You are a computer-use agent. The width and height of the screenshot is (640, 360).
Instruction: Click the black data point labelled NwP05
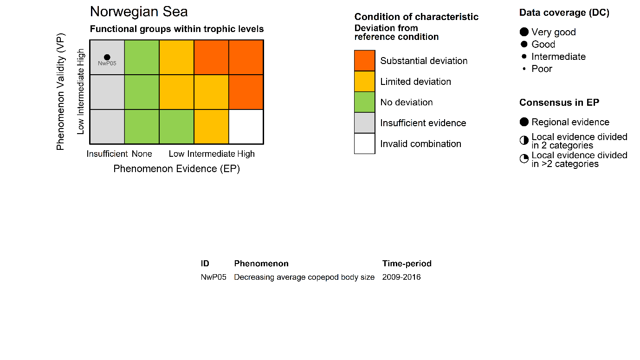coord(107,57)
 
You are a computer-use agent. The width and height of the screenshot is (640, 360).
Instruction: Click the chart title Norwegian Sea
coord(139,12)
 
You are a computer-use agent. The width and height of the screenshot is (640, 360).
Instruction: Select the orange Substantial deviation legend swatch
coord(364,61)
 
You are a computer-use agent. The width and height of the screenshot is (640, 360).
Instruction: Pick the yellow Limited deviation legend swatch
coord(364,82)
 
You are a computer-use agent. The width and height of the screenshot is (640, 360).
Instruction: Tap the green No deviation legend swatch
coord(364,102)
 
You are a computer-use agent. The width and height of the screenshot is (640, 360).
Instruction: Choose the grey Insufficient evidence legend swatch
coord(364,123)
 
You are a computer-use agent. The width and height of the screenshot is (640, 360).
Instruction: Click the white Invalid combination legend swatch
coord(364,143)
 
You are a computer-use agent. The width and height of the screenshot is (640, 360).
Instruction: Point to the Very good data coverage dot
coord(524,32)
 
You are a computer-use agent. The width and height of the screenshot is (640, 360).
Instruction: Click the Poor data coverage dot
coord(524,69)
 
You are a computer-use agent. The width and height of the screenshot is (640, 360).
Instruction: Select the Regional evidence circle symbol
coord(524,122)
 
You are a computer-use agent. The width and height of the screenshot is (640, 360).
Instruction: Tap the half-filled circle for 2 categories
coord(524,141)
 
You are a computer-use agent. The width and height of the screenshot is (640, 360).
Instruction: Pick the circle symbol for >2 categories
coord(524,159)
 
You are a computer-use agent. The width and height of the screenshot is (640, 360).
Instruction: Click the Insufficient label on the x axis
coord(107,154)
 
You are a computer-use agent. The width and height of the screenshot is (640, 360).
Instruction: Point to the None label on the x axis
coord(142,154)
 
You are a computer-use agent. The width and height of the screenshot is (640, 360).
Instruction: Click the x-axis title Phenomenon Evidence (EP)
coord(176,169)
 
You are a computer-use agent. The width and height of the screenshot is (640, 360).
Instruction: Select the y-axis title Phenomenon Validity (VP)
coord(60,91)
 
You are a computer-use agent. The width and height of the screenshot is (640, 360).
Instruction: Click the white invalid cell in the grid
coord(246,127)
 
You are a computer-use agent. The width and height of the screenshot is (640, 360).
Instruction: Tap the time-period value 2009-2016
coord(401,277)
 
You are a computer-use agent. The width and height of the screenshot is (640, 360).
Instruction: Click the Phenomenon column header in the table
coord(261,264)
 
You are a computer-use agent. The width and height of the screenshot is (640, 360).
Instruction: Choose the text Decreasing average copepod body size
coord(304,277)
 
